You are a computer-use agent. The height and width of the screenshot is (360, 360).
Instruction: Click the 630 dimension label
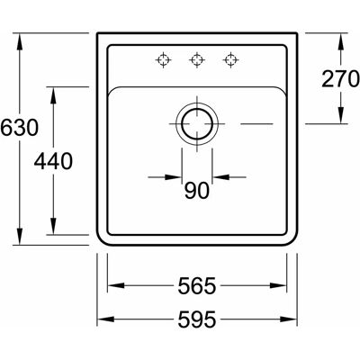tap(20, 127)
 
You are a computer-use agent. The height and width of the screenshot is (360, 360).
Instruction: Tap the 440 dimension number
tap(53, 161)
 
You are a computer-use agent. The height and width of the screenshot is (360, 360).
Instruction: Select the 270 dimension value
tap(340, 79)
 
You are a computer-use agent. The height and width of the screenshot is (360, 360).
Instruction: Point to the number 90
tap(197, 191)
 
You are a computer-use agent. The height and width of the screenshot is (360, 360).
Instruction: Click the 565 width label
tap(197, 285)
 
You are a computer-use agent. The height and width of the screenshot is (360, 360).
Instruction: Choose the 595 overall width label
tap(197, 319)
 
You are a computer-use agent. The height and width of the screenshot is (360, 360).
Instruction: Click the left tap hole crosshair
tap(163, 59)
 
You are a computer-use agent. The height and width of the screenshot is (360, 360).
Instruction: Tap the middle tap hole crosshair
tap(197, 59)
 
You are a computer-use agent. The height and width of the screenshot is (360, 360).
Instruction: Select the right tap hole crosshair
tap(230, 59)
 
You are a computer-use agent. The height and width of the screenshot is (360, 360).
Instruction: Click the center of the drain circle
tap(197, 123)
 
